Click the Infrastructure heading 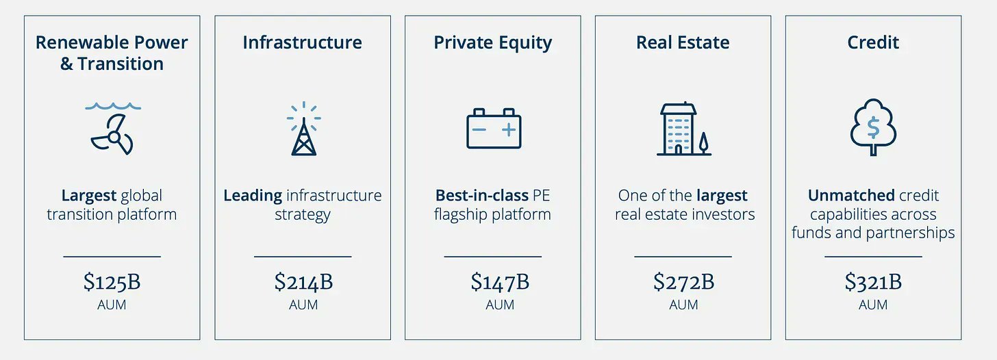pos(302,42)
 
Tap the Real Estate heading pos(683,42)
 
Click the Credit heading pos(873,42)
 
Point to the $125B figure pos(112,282)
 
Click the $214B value pos(303,282)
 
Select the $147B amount pos(500,282)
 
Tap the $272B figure pos(683,282)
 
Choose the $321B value pos(873,282)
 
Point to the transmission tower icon pos(304,129)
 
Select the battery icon pos(494,129)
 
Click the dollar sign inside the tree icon pos(873,127)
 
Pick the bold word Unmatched pos(851,195)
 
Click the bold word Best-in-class pos(481,195)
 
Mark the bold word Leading pos(253,196)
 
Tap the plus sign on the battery pos(508,129)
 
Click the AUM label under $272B pos(683,305)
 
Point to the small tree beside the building pos(703,143)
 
